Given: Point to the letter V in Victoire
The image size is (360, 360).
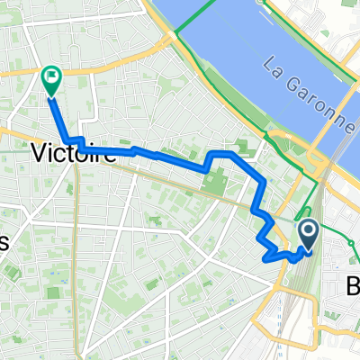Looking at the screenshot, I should point(40,152).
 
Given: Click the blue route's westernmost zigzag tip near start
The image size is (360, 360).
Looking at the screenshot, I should point(265,258).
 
